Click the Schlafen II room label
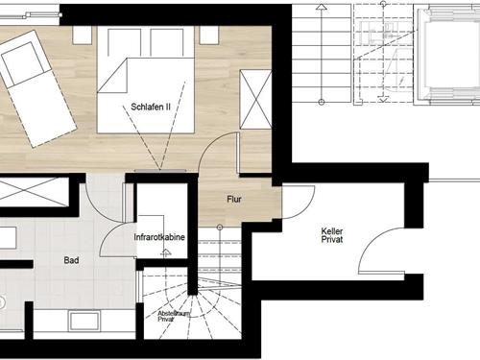151,107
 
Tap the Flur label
234,200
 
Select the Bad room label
71,260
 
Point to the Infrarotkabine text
159,237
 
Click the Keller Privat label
332,235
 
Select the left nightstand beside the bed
83,36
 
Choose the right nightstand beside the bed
209,36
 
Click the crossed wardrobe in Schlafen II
255,100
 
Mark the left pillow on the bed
125,43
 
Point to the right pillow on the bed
166,43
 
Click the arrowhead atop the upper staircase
322,7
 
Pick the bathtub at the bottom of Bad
84,321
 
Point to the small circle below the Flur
220,228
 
